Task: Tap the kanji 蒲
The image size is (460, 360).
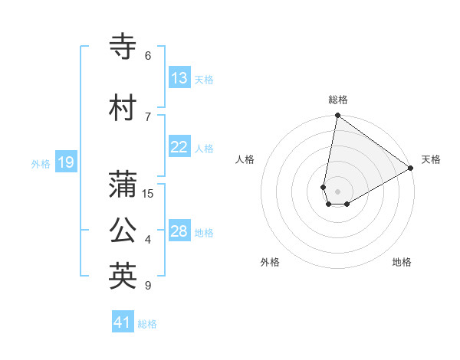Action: [x=123, y=185]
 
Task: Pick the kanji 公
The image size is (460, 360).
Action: [x=123, y=231]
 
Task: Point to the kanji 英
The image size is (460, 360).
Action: [x=123, y=277]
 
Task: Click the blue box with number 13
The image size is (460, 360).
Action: [x=179, y=78]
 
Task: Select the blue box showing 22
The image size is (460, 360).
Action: [x=179, y=147]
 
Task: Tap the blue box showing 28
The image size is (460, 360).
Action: [x=179, y=231]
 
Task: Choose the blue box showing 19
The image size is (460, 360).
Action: [x=65, y=162]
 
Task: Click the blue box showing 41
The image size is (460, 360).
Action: [x=123, y=322]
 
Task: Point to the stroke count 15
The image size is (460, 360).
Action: [x=148, y=194]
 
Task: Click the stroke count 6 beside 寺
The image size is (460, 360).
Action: [x=148, y=56]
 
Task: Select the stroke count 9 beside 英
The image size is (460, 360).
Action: [x=148, y=286]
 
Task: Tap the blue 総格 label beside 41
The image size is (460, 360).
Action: [x=147, y=324]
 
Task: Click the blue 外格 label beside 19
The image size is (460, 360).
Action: [x=40, y=163]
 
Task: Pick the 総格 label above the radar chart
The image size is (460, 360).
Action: [x=337, y=100]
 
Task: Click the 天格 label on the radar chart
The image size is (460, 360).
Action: [x=431, y=159]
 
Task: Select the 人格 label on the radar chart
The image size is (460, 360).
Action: [x=245, y=159]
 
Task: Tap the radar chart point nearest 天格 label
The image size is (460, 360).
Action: [x=411, y=169]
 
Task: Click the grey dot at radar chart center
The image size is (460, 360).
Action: [x=337, y=189]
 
